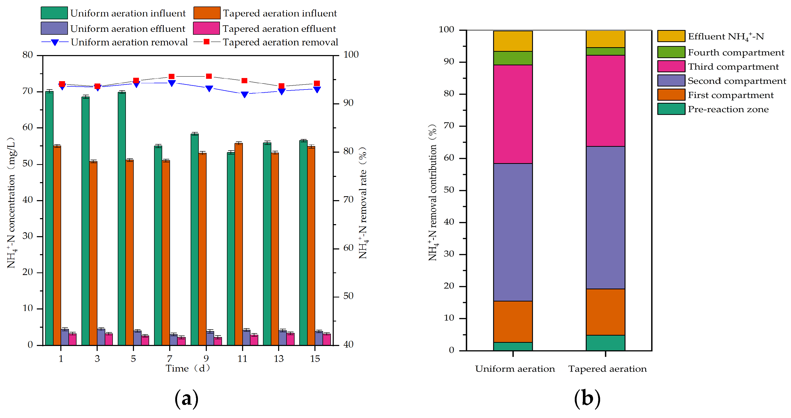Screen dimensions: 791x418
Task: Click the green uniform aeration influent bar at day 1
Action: [x=49, y=218]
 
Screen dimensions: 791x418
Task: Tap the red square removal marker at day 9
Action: [x=209, y=76]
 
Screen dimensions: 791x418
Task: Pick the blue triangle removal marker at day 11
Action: [x=244, y=94]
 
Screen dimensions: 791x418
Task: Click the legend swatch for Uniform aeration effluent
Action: [x=54, y=28]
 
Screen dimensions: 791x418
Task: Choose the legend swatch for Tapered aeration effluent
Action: [x=206, y=28]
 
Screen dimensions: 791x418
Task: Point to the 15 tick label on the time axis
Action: [x=315, y=359]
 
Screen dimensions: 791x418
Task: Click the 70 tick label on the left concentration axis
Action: [x=28, y=91]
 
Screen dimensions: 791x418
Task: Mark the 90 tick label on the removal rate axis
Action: [x=349, y=103]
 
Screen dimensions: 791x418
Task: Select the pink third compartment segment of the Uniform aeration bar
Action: [x=513, y=114]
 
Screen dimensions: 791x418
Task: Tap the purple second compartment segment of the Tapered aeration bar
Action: [x=606, y=218]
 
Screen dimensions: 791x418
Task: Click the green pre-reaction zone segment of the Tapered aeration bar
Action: [x=606, y=343]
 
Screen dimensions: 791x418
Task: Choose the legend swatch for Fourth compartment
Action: [x=671, y=52]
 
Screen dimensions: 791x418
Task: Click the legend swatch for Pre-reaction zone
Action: [x=671, y=109]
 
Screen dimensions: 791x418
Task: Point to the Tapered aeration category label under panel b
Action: [x=607, y=369]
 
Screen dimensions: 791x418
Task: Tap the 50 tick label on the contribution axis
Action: [x=449, y=190]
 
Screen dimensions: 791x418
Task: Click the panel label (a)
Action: [x=186, y=399]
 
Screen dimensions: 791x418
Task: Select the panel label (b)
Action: [x=587, y=399]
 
